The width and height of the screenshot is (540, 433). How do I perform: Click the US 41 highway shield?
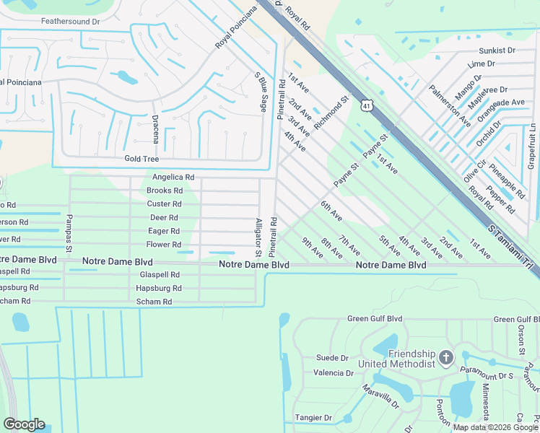pyautogui.click(x=367, y=106)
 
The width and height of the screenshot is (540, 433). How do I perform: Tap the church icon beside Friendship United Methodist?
pyautogui.click(x=446, y=358)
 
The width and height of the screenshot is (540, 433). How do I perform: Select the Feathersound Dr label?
pyautogui.click(x=70, y=22)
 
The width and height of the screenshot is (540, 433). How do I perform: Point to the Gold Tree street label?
pyautogui.click(x=141, y=159)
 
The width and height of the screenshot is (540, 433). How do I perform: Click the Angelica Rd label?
pyautogui.click(x=173, y=177)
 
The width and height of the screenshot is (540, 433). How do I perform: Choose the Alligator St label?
pyautogui.click(x=258, y=238)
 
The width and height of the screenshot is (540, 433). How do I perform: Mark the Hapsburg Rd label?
pyautogui.click(x=158, y=288)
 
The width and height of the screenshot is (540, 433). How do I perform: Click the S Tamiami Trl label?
pyautogui.click(x=514, y=248)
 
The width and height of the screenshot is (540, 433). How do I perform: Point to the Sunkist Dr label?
pyautogui.click(x=497, y=51)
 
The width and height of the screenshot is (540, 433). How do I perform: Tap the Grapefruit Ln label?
pyautogui.click(x=531, y=147)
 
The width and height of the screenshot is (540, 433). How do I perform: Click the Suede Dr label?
pyautogui.click(x=332, y=358)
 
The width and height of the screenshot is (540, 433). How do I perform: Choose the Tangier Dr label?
pyautogui.click(x=313, y=418)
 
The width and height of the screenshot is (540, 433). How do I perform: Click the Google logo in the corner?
pyautogui.click(x=24, y=424)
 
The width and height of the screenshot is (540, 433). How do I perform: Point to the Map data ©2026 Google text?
pyautogui.click(x=496, y=427)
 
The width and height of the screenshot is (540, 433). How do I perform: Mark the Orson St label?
pyautogui.click(x=521, y=341)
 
